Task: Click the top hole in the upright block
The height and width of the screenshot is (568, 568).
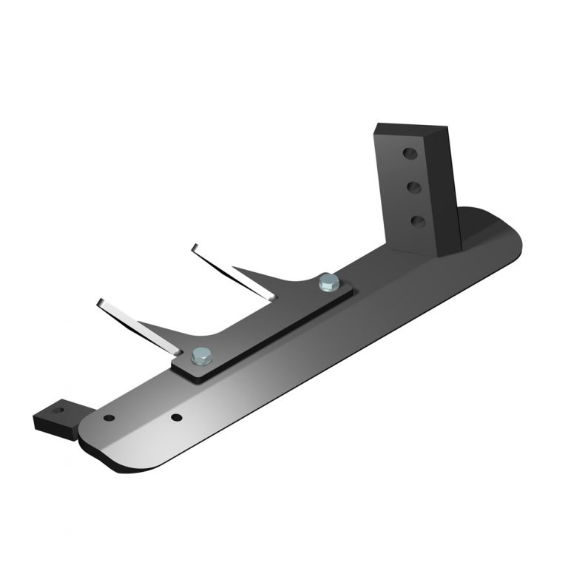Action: (409, 154)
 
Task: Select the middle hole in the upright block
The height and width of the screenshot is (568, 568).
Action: (413, 187)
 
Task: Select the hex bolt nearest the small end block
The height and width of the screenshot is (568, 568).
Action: (200, 356)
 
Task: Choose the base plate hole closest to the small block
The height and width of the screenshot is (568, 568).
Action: (109, 418)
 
